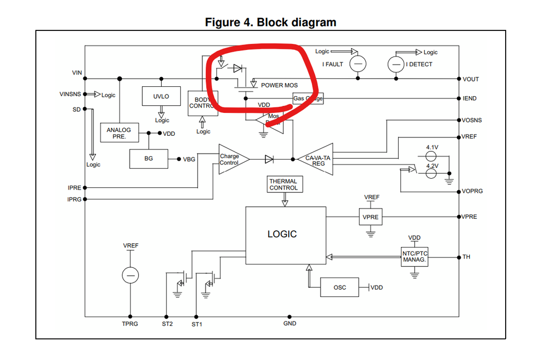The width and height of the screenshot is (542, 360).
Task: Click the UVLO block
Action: click(x=162, y=97)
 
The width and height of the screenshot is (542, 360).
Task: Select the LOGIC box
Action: click(x=285, y=234)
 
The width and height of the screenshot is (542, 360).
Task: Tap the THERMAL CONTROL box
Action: click(x=283, y=184)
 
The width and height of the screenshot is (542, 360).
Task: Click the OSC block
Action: click(x=339, y=287)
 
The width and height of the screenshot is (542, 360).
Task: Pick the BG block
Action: click(x=149, y=159)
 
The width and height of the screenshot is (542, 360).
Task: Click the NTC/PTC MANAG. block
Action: click(x=415, y=256)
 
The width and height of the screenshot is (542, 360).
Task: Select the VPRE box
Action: click(x=371, y=217)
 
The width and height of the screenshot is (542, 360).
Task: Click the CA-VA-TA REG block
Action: click(x=318, y=160)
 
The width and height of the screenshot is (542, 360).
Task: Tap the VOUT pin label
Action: click(x=470, y=79)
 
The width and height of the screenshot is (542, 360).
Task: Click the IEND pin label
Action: click(x=469, y=99)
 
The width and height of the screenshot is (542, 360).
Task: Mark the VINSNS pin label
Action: click(x=70, y=94)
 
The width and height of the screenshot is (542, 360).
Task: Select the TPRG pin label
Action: click(x=130, y=324)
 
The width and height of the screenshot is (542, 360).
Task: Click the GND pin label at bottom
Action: click(x=290, y=324)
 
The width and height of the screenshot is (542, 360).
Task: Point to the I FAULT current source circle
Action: click(x=358, y=64)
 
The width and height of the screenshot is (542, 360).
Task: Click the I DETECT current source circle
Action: click(x=396, y=65)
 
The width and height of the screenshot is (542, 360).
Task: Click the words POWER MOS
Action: click(x=279, y=85)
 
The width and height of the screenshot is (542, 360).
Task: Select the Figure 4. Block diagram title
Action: click(x=270, y=22)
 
